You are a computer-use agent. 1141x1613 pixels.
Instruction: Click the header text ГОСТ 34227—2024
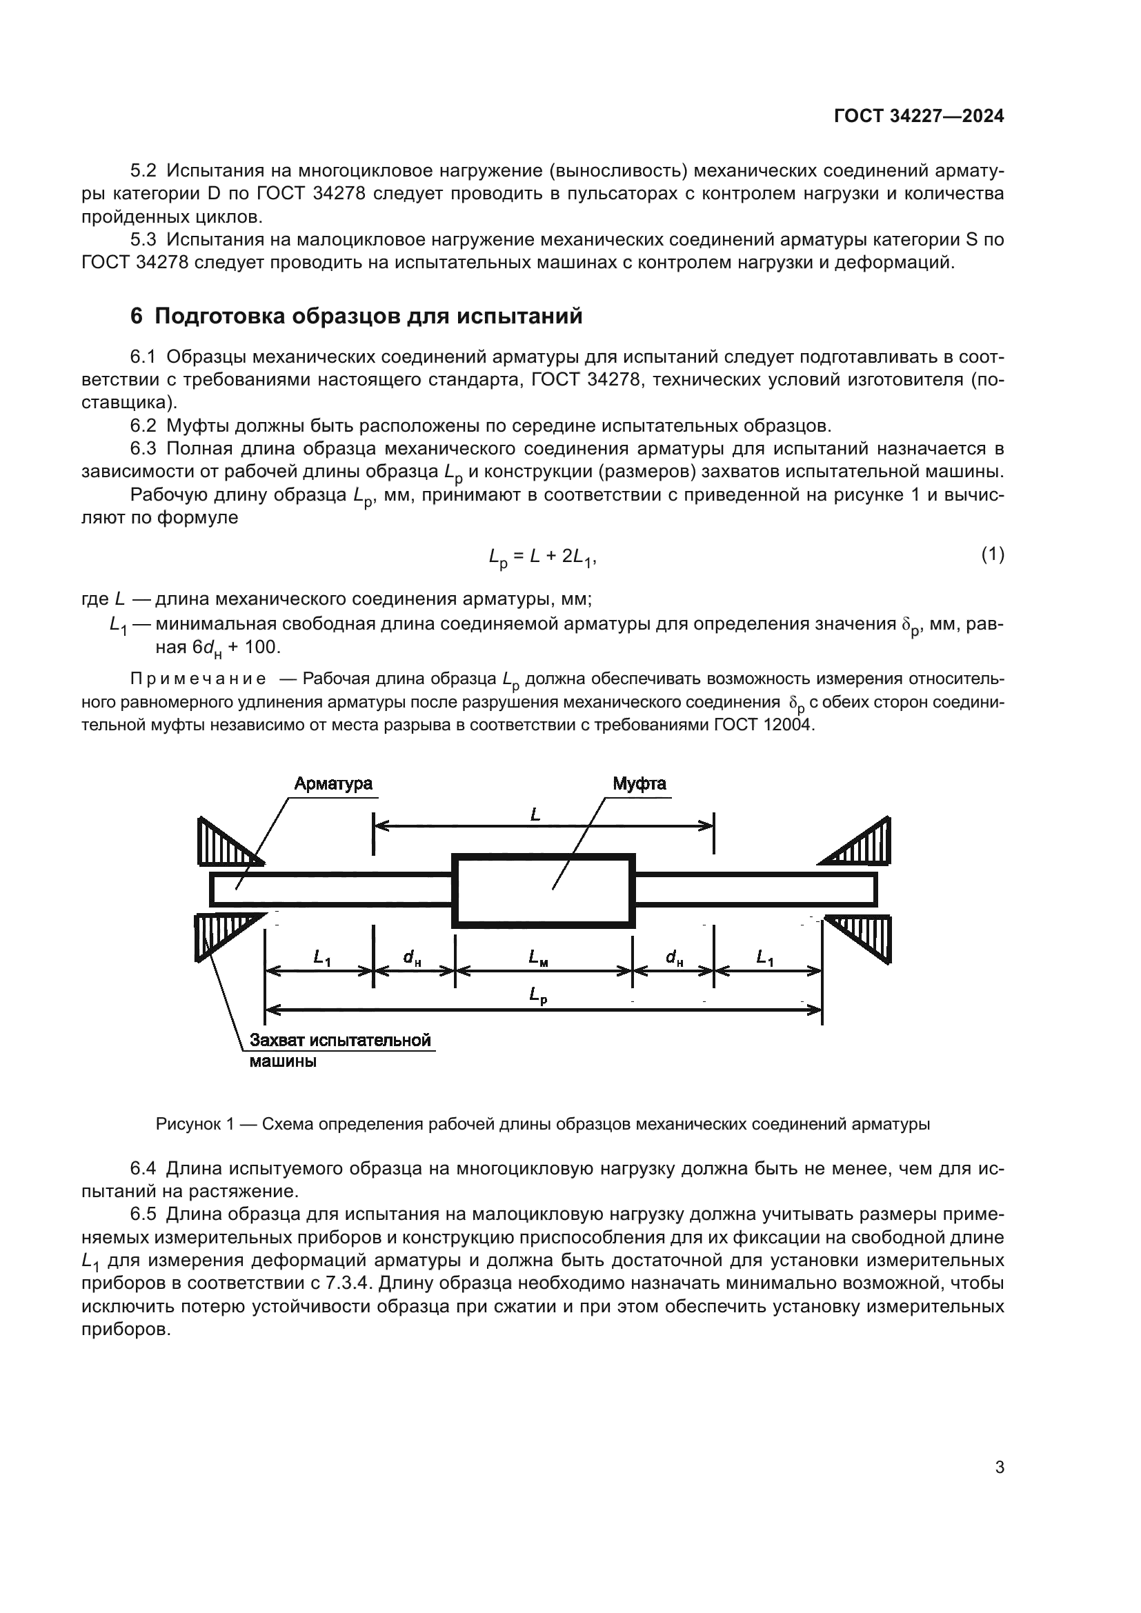coord(918,117)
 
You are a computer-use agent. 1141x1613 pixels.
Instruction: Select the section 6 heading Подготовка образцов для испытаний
coord(357,317)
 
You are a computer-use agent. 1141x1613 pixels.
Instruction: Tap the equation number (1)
coord(992,554)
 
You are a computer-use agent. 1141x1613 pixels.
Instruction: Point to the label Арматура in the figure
coord(333,784)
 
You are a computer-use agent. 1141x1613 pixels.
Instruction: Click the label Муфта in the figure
coord(639,784)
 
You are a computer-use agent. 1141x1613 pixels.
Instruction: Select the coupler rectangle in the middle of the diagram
coord(544,891)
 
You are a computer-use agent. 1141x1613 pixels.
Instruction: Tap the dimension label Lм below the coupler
coord(538,957)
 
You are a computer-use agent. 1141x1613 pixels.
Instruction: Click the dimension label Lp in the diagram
coord(538,996)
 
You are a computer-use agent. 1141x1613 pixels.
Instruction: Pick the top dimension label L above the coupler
coord(535,815)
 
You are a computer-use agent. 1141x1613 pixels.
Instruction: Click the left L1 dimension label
coord(321,957)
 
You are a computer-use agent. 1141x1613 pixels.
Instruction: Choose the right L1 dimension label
coord(764,957)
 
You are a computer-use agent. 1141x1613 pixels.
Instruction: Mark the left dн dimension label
coord(412,957)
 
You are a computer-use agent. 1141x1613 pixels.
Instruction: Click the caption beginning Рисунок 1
coord(542,1124)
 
